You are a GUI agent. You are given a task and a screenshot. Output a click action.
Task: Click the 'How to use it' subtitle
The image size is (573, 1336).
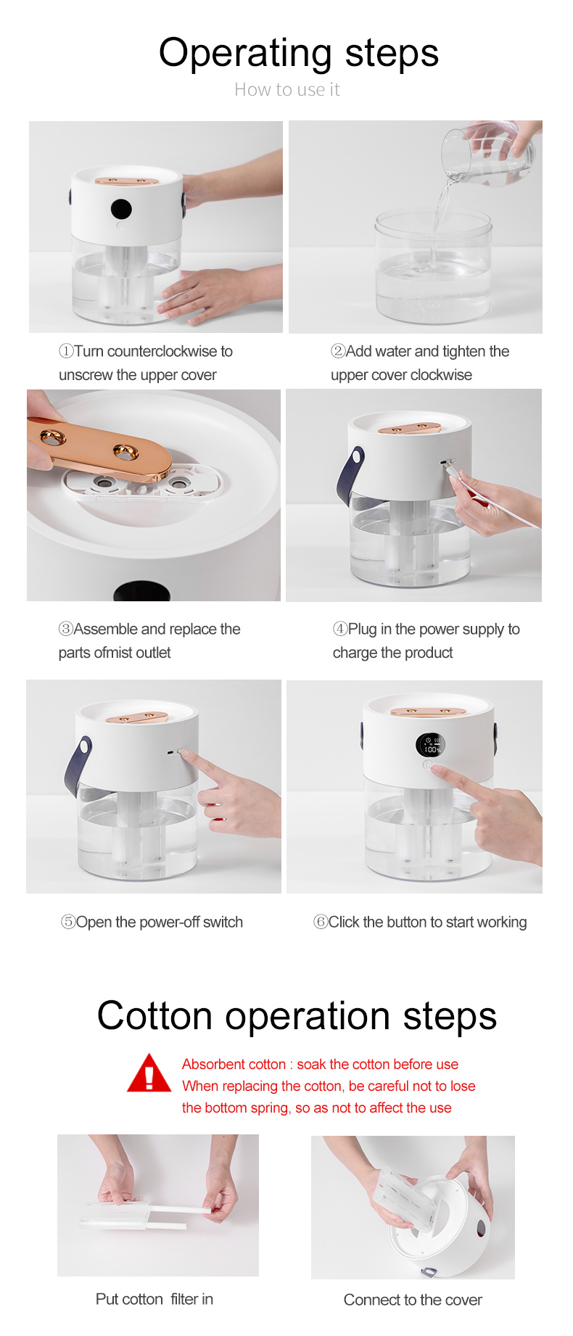click(287, 90)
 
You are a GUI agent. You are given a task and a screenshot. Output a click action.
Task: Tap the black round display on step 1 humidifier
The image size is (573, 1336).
click(121, 210)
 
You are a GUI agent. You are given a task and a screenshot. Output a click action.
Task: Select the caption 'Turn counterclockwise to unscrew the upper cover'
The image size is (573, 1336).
click(146, 363)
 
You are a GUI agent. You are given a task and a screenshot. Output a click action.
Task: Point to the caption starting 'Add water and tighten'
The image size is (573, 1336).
click(420, 363)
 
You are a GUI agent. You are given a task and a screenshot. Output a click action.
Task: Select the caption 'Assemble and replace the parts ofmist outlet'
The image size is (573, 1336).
click(149, 640)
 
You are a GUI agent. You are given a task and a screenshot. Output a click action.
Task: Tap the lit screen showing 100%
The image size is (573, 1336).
click(430, 745)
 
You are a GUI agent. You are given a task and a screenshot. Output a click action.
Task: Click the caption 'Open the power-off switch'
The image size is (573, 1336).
click(152, 922)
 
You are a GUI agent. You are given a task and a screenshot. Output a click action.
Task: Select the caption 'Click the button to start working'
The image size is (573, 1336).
click(420, 922)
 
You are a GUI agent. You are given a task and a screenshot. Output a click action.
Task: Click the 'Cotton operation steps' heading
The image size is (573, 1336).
click(297, 1015)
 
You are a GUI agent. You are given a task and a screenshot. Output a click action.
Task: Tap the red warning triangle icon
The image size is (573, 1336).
click(149, 1073)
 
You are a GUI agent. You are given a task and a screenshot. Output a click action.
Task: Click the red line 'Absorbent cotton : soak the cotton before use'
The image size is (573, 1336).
click(320, 1064)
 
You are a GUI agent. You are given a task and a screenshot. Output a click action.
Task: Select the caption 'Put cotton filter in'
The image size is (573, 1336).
click(154, 1299)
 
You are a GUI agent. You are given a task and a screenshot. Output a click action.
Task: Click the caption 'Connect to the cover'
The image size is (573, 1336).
click(413, 1300)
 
